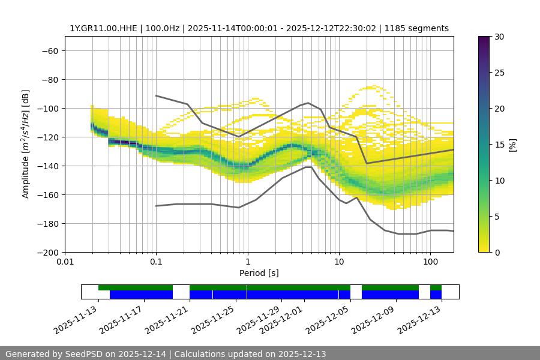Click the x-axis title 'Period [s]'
[x=259, y=273]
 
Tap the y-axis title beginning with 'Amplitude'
[x=26, y=144]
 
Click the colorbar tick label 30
[x=499, y=37]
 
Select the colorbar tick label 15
[x=499, y=145]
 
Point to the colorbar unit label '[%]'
[x=512, y=145]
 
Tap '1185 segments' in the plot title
[x=416, y=28]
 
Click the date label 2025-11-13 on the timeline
[x=76, y=319]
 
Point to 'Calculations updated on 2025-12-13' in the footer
[x=250, y=354]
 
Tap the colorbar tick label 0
[x=496, y=252]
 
